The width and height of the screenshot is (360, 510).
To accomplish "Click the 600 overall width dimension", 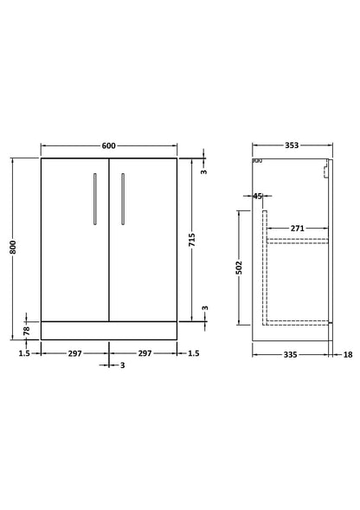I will (x=109, y=145).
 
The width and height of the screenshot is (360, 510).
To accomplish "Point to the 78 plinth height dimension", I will (x=27, y=329).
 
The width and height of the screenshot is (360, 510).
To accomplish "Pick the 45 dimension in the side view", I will (x=258, y=197).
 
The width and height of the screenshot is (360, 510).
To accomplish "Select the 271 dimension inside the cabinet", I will (x=297, y=228).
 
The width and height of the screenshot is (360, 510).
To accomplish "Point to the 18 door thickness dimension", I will (x=347, y=354).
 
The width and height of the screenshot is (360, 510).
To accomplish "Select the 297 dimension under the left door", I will (x=75, y=354).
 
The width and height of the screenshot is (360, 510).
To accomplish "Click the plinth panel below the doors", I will (x=109, y=329).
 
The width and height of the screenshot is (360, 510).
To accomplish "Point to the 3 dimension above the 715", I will (x=204, y=171).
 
